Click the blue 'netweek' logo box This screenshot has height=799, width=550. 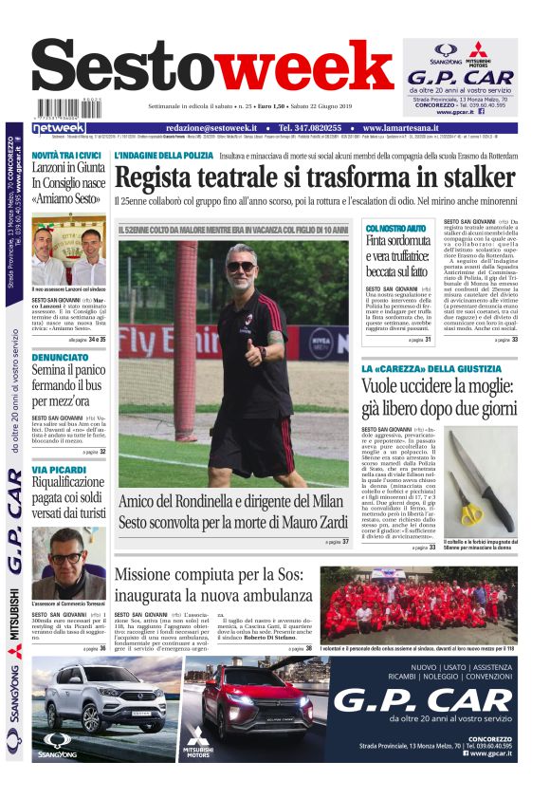coord(59,128)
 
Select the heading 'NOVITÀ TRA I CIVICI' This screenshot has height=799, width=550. coord(67,155)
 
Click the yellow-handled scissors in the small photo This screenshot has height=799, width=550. coord(471,512)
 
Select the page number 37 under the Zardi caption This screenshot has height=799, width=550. coord(346,542)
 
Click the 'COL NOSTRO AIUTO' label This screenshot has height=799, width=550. coord(395,229)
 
